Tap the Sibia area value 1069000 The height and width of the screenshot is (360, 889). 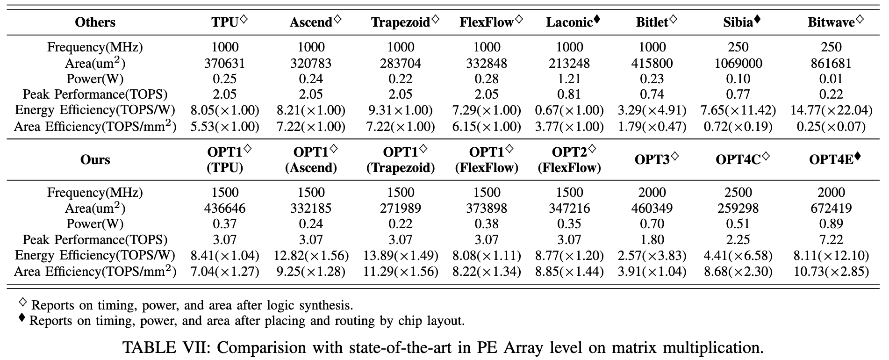[738, 63]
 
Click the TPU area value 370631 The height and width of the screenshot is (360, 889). [225, 63]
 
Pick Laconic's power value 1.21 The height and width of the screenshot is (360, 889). [569, 79]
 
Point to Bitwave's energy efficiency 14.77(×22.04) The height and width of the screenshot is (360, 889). [831, 110]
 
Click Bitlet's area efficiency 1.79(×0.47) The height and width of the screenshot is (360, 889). [652, 126]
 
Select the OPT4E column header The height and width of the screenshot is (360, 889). [835, 159]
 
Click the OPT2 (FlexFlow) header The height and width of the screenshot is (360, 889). [569, 159]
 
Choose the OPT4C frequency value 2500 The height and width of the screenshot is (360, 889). [738, 192]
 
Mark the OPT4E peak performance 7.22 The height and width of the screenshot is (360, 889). [831, 239]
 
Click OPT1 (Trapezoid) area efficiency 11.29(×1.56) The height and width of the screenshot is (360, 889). [401, 271]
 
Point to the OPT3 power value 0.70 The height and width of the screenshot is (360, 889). [652, 223]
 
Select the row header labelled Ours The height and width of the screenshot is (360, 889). [95, 159]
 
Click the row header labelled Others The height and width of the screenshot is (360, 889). [95, 22]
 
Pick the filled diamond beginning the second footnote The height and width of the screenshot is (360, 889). [22, 318]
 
